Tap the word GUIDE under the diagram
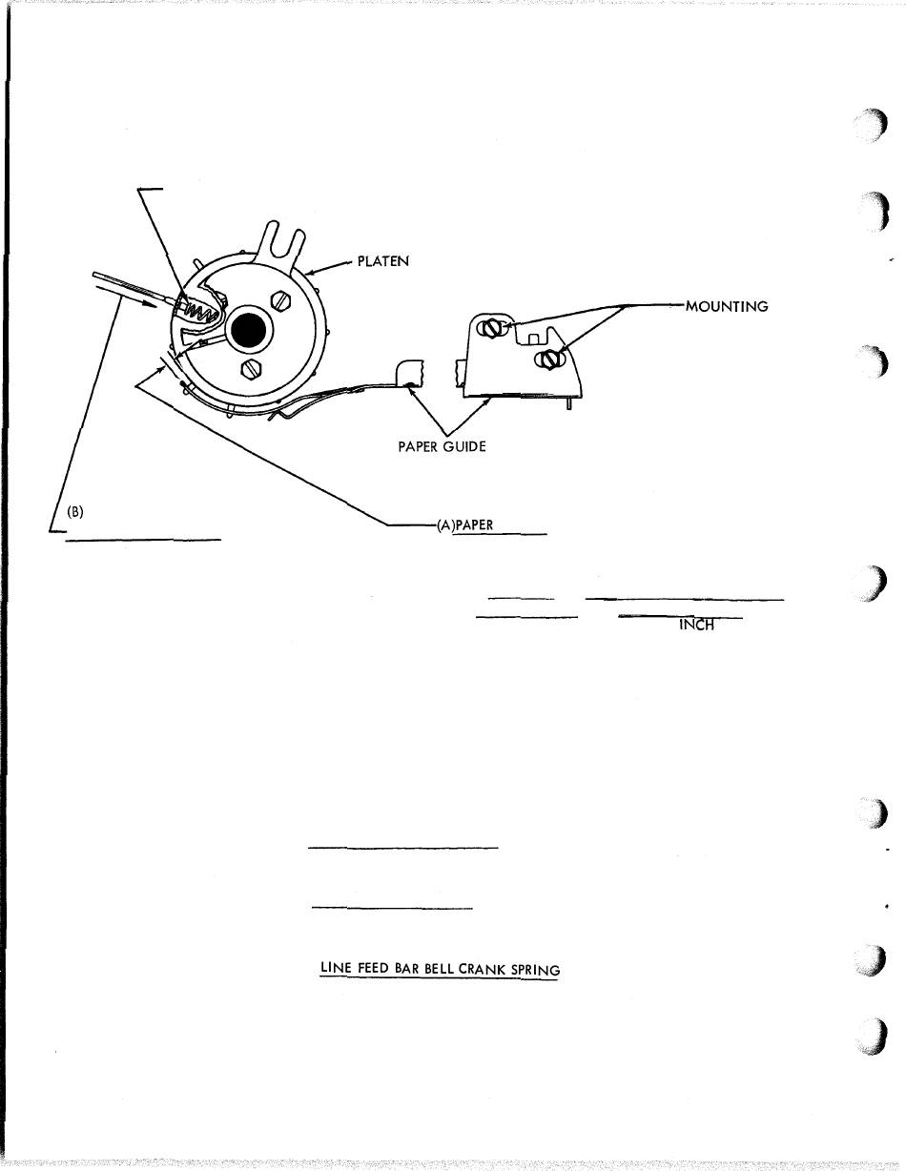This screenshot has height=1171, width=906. (x=463, y=446)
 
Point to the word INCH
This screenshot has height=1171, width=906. (x=696, y=626)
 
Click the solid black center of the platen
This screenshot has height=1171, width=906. (x=250, y=330)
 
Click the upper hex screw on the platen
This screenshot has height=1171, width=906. (x=281, y=298)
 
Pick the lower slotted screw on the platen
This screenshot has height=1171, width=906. (x=249, y=366)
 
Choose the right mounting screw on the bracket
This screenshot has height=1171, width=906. (x=547, y=360)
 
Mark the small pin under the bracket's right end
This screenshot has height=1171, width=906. (x=569, y=404)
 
